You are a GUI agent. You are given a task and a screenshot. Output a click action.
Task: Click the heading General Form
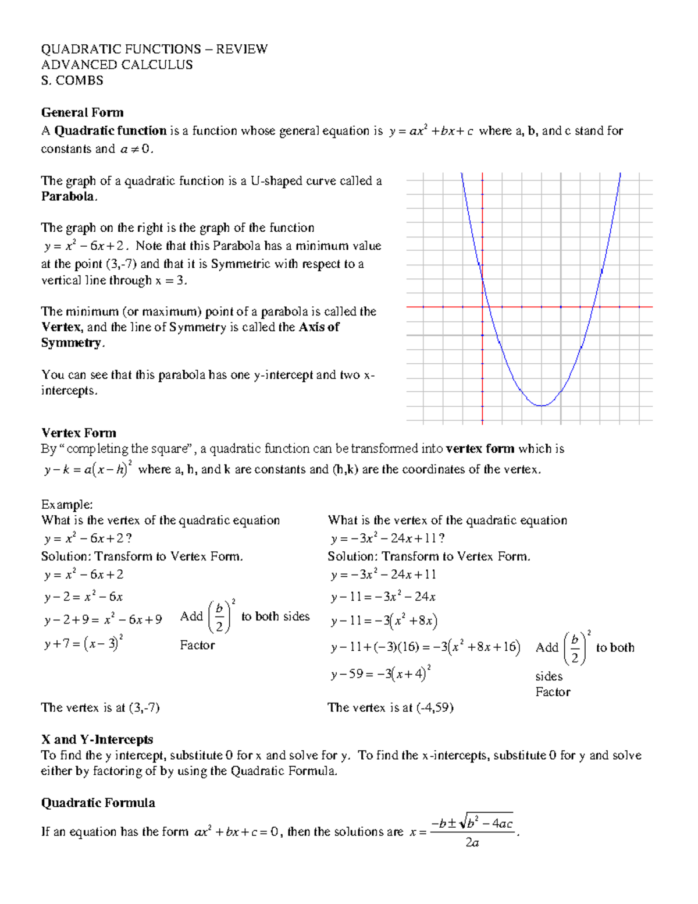tap(82, 112)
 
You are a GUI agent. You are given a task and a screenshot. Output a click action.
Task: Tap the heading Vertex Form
tap(79, 432)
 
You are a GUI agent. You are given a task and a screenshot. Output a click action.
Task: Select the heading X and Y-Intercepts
tap(97, 739)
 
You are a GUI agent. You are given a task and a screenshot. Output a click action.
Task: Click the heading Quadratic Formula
tap(98, 803)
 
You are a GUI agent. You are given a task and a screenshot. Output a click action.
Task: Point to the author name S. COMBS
tap(72, 80)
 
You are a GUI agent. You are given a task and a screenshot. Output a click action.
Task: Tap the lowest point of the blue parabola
tap(542, 405)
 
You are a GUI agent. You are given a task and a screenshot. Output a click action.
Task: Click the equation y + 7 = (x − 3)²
tap(83, 643)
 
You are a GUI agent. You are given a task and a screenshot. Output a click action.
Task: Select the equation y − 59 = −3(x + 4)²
tap(380, 673)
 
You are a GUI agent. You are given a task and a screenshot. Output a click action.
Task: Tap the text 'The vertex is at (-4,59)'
tap(390, 707)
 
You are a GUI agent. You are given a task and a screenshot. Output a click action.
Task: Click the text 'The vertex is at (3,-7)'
tap(100, 707)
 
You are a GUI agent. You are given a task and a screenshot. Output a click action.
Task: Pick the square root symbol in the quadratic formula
tap(463, 823)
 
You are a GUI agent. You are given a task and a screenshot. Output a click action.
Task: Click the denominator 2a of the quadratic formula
tap(472, 842)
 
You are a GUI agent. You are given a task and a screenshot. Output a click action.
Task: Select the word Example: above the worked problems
tap(67, 504)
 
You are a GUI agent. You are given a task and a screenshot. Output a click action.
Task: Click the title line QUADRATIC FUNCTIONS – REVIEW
tap(154, 49)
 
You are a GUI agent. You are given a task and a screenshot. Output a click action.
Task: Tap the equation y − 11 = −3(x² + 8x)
tap(384, 621)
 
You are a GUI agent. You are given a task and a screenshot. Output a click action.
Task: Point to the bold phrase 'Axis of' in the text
tap(319, 327)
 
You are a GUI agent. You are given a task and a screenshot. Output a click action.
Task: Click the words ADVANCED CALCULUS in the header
tap(116, 65)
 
